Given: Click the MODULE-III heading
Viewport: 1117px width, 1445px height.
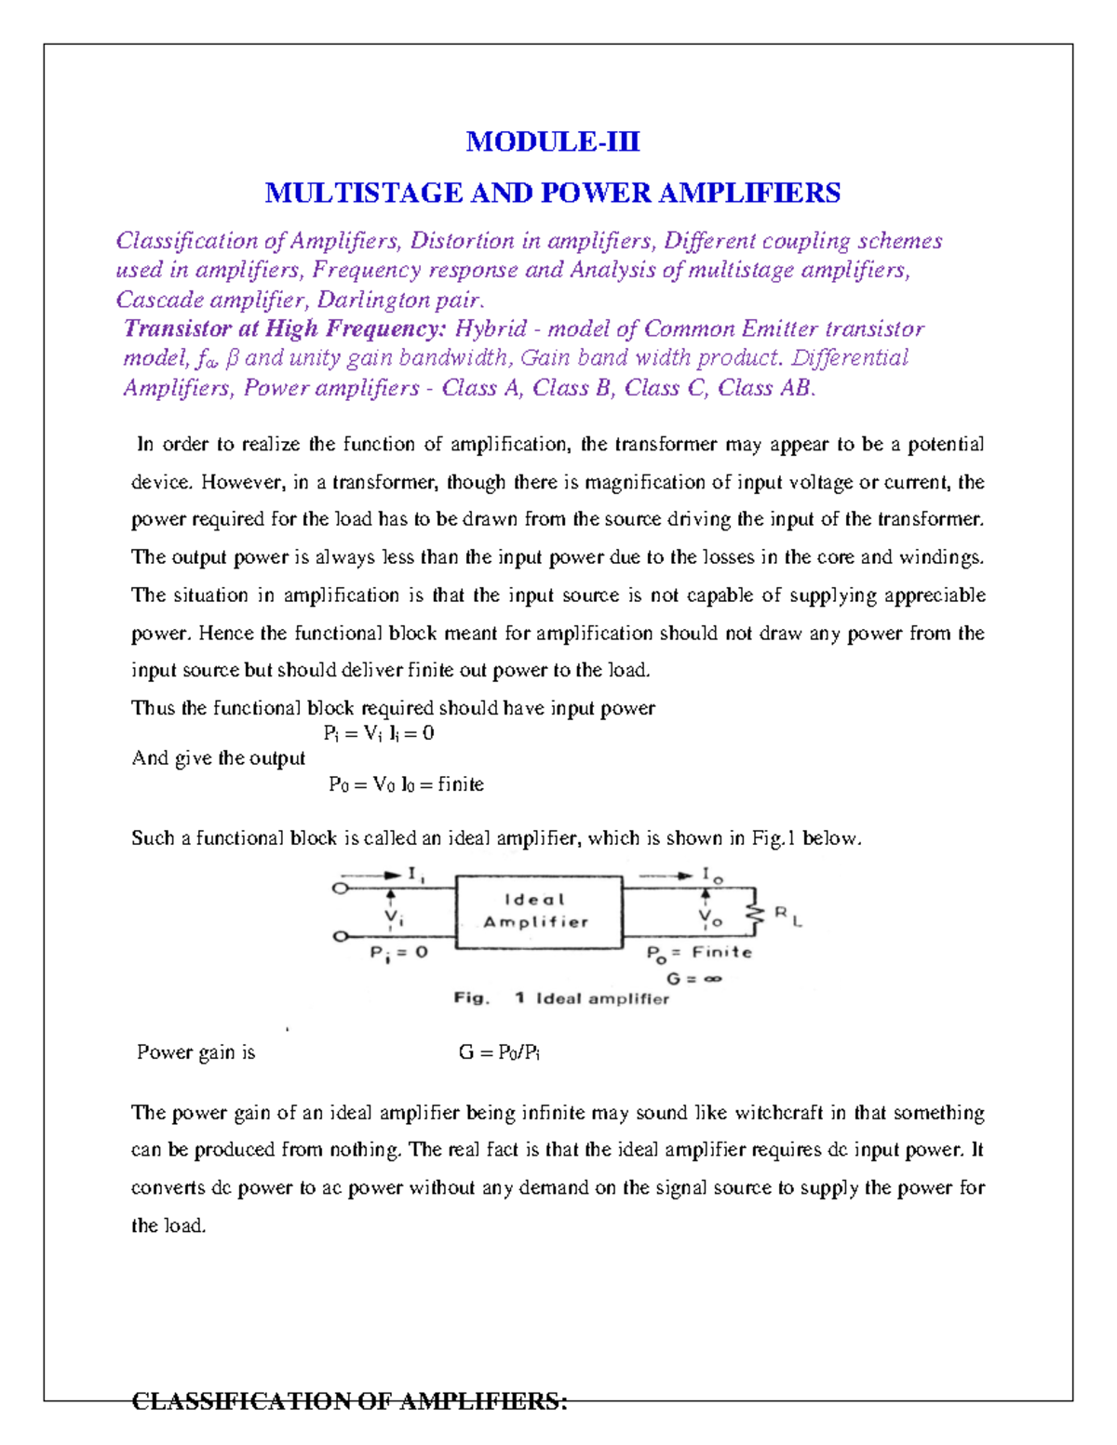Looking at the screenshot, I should click(553, 141).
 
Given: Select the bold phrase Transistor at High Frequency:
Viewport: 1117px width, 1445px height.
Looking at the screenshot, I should click(285, 328).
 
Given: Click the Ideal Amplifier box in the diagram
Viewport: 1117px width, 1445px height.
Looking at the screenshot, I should click(538, 911).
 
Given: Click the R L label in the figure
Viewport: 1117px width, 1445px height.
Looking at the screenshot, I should click(787, 917).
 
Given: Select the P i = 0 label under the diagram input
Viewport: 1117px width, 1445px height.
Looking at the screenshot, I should click(398, 953).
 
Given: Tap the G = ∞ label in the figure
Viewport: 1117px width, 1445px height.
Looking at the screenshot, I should click(693, 978).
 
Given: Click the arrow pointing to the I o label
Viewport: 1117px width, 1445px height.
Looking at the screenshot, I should click(665, 876).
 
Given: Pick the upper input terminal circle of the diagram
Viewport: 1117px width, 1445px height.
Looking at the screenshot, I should click(341, 889).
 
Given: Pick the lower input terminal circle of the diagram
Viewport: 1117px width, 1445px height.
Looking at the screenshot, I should click(341, 936).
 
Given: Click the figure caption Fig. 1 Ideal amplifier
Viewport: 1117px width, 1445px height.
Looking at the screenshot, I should click(561, 998).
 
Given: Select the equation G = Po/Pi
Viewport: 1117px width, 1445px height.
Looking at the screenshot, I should click(500, 1052).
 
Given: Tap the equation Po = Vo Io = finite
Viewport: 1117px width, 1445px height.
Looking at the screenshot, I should click(406, 784).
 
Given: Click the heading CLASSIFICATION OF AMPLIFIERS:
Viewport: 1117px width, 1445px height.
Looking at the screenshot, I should click(349, 1401).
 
